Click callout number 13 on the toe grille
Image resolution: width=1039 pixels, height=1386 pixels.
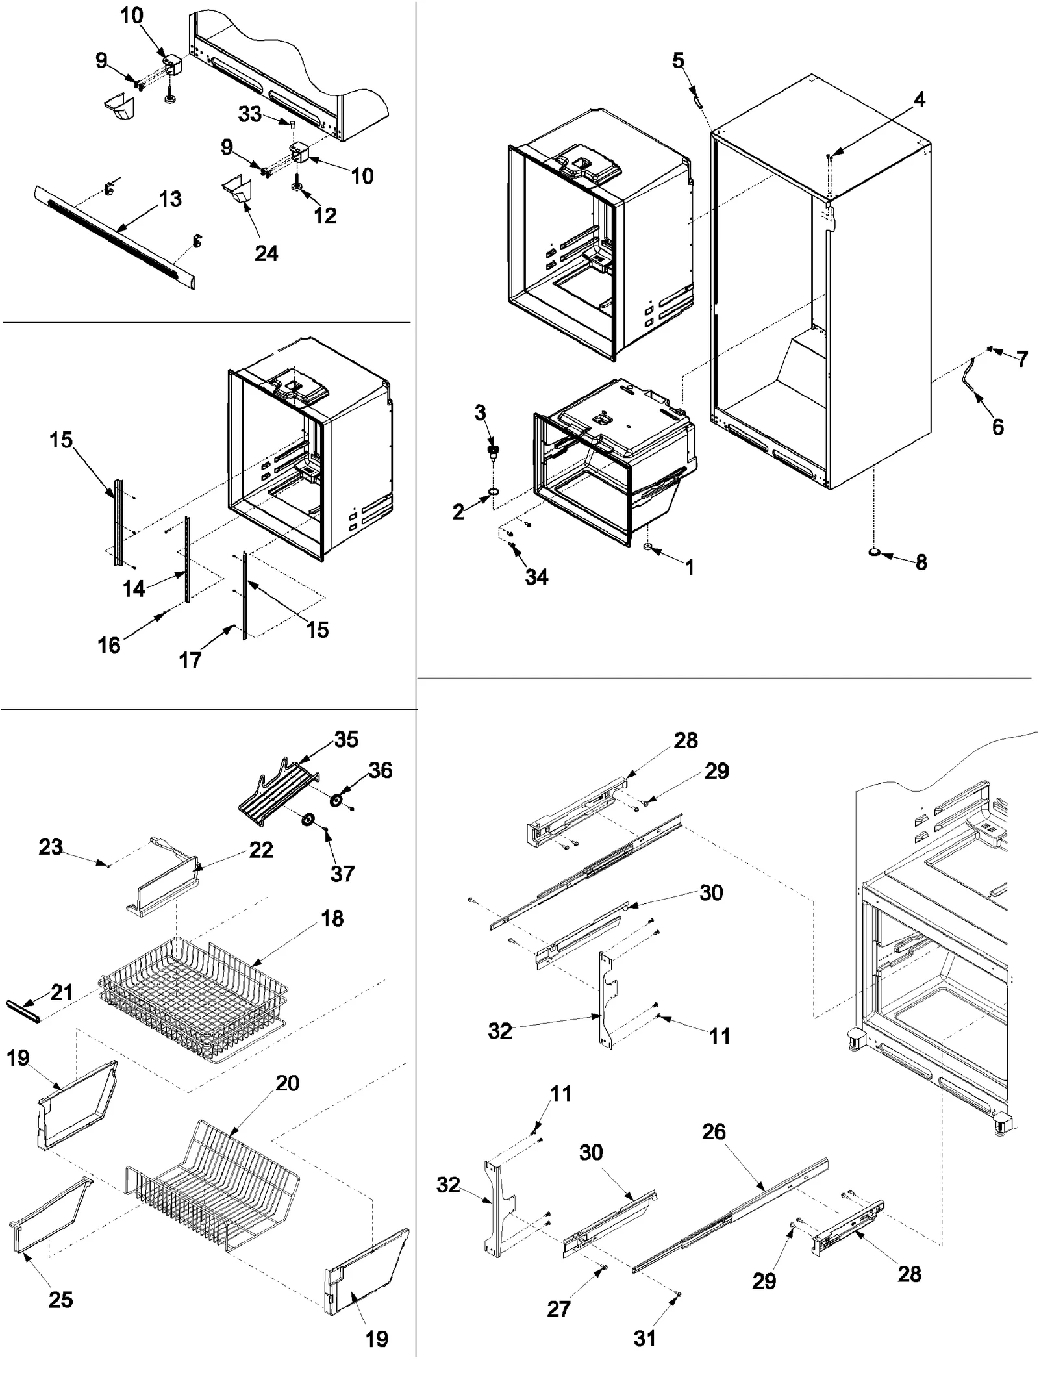pyautogui.click(x=170, y=199)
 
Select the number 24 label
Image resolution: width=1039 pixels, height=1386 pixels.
pyautogui.click(x=266, y=253)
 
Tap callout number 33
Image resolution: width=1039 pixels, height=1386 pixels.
pyautogui.click(x=250, y=114)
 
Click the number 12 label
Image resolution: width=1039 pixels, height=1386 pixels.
pyautogui.click(x=325, y=216)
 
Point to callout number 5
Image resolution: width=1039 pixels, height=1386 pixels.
pyautogui.click(x=678, y=60)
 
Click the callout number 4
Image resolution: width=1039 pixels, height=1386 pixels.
pyautogui.click(x=919, y=100)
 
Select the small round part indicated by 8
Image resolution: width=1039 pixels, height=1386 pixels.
pyautogui.click(x=875, y=553)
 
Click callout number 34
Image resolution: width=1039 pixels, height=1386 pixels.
pyautogui.click(x=536, y=577)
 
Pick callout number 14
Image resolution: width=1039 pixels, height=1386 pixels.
pyautogui.click(x=134, y=588)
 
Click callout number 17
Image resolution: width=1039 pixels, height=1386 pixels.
pyautogui.click(x=190, y=661)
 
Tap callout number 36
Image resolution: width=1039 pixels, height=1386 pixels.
pyautogui.click(x=381, y=770)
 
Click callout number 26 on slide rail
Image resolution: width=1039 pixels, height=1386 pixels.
pyautogui.click(x=714, y=1132)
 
